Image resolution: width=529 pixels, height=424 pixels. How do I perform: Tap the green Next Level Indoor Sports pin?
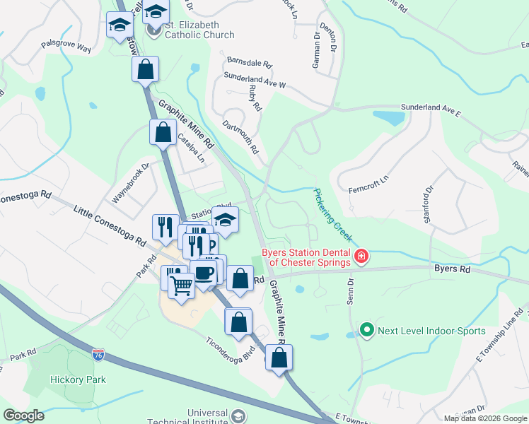[366, 330]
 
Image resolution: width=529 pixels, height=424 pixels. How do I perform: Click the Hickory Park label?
[78, 379]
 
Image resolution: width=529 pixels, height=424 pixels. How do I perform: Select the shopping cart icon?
[182, 285]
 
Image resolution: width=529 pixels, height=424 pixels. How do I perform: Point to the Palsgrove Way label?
[66, 48]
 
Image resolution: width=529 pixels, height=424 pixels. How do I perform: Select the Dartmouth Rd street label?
[240, 138]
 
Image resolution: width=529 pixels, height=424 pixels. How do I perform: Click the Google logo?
[24, 416]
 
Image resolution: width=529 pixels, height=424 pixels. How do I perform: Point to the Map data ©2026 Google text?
[484, 418]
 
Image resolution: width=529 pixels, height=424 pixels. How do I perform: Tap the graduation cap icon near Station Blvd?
[225, 221]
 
